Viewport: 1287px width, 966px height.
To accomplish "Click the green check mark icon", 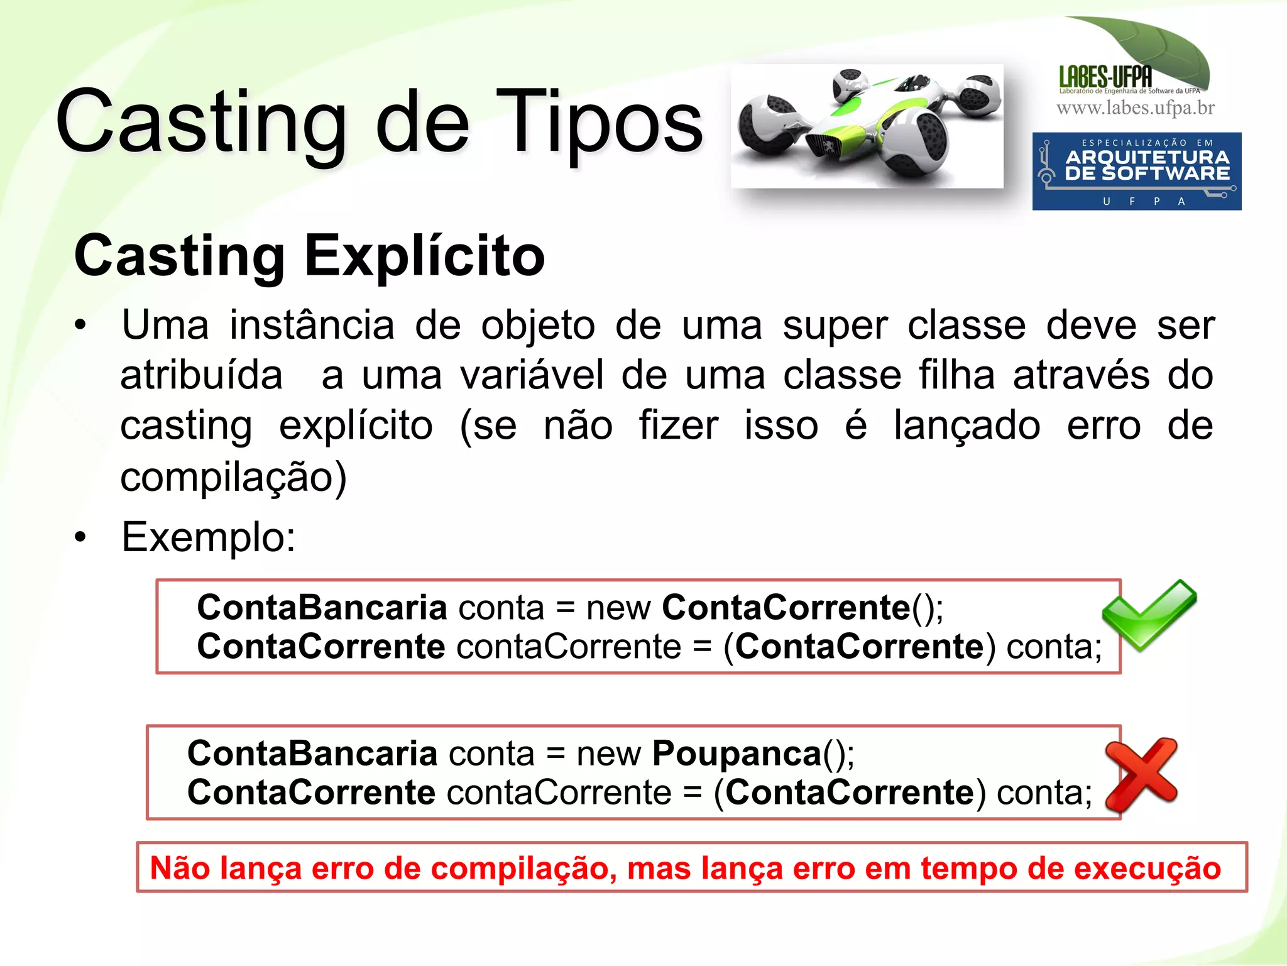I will [1148, 615].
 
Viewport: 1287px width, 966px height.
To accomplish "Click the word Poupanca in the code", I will [737, 753].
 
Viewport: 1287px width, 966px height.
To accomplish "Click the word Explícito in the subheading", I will [425, 256].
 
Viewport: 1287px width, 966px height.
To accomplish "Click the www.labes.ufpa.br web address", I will [1136, 108].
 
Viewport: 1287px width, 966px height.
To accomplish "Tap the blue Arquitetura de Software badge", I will [1136, 171].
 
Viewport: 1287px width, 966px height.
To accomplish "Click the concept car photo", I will [867, 126].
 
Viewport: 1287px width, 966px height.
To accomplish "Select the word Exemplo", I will [208, 537].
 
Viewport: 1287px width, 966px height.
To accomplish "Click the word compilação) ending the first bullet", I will [233, 477].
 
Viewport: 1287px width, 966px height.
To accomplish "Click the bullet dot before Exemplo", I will [80, 538].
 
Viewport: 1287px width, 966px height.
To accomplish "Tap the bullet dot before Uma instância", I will [80, 326].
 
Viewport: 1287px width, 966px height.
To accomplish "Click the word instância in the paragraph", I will [312, 326].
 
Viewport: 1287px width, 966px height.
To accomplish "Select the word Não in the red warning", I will [180, 868].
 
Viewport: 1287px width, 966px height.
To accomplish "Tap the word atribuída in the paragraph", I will [201, 376].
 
